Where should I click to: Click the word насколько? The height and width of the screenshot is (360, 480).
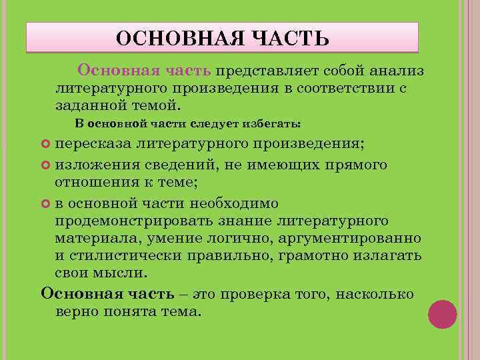[x=376, y=294]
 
